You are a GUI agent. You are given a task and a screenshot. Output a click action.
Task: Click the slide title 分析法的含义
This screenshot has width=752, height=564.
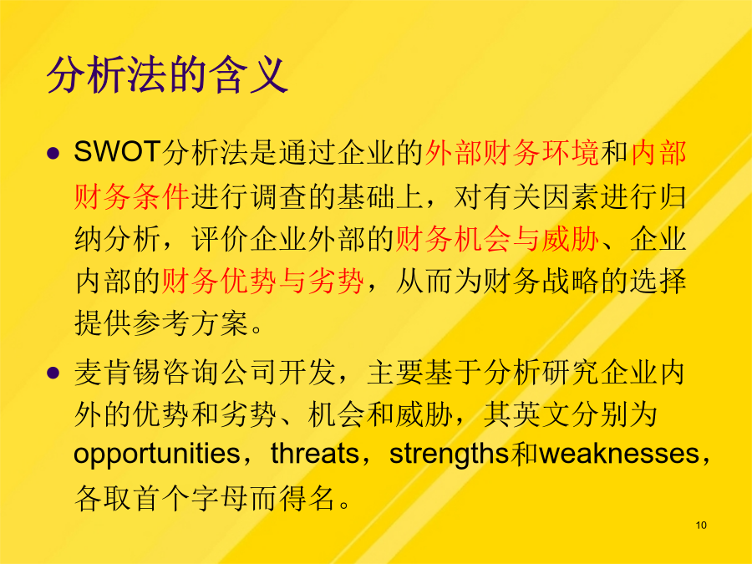point(167,75)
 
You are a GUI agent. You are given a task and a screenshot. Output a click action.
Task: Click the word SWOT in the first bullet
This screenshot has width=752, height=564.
point(117,152)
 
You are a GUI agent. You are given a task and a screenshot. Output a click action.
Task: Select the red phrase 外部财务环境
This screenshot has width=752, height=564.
point(512,153)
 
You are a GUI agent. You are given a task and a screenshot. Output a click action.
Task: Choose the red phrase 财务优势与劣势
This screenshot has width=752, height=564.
point(263,281)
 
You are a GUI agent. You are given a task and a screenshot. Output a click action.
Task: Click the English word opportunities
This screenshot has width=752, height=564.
point(156,454)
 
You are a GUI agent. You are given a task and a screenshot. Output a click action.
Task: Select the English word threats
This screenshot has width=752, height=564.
point(315,453)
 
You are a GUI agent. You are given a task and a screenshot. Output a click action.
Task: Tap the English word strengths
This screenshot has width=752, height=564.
point(449,454)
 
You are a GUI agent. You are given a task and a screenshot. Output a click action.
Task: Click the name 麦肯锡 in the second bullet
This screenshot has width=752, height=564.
point(118,373)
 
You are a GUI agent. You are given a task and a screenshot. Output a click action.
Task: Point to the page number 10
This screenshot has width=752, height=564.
point(701,526)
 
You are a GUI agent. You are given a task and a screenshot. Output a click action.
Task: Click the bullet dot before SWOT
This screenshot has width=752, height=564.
point(53,154)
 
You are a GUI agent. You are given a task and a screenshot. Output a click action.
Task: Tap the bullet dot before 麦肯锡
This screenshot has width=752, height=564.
point(53,373)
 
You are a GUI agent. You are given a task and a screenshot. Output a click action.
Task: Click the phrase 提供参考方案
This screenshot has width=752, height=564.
point(161,323)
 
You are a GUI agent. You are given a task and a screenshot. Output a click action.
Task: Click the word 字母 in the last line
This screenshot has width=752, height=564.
point(220,500)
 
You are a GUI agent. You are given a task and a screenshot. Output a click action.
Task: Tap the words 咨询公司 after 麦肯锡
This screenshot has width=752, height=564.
point(220,373)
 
